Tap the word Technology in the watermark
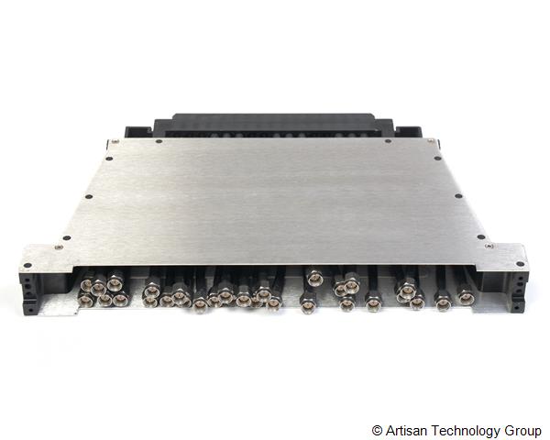point(467,431)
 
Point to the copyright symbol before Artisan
point(377,431)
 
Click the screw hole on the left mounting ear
point(27,265)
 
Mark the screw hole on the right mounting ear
point(521,264)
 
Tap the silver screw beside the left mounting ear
point(59,247)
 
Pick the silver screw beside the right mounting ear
point(489,247)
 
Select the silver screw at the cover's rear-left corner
point(114,141)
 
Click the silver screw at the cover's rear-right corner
point(431,140)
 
